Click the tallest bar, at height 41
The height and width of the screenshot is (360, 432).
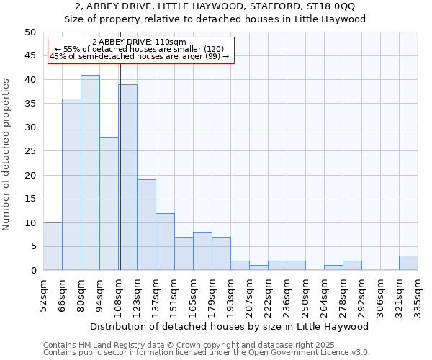(x=90, y=173)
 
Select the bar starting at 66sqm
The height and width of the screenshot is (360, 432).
(x=71, y=184)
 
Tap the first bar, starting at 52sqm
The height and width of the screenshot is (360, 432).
(x=53, y=246)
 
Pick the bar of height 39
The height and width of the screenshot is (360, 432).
(x=128, y=177)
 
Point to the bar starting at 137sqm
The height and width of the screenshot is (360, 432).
(x=165, y=241)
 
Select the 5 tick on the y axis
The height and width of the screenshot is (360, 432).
(x=32, y=246)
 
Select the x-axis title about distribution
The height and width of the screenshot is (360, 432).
(x=230, y=326)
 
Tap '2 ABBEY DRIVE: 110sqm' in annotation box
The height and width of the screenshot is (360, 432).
(x=140, y=42)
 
